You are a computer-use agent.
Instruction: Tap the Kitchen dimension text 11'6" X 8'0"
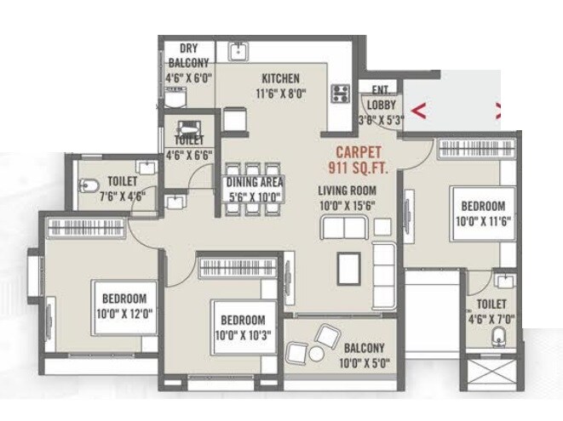tap(279, 92)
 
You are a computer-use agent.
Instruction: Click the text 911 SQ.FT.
tap(359, 168)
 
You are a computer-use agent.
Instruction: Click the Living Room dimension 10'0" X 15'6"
tap(347, 206)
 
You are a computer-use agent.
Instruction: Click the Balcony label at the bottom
tap(365, 348)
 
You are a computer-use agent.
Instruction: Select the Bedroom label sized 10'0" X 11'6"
tap(483, 206)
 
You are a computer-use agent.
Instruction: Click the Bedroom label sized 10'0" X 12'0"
tap(124, 299)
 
